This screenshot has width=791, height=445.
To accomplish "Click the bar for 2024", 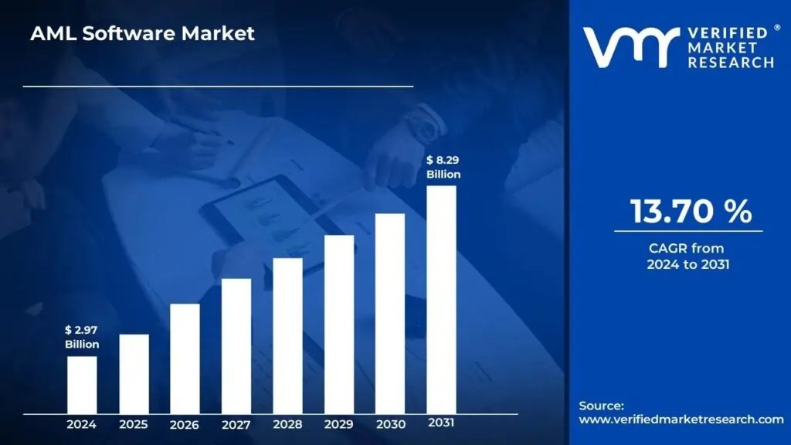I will click(x=82, y=385).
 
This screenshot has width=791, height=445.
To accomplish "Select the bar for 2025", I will click(x=134, y=374).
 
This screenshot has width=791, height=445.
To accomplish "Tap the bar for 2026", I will click(x=185, y=358).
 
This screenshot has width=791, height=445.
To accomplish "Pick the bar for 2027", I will click(x=236, y=346).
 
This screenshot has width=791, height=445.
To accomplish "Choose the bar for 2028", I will click(x=287, y=335).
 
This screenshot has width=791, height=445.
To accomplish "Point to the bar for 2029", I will click(x=339, y=324).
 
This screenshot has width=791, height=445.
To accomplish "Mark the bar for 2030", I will click(x=390, y=314).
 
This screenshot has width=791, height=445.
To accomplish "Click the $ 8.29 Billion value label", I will click(x=443, y=167).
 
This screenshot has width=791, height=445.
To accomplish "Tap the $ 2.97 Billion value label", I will click(x=81, y=337).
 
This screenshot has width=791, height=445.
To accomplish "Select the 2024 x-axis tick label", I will click(x=81, y=424).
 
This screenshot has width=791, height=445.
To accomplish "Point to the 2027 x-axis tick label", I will click(x=236, y=425).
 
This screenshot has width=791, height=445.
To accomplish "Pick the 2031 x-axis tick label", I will click(x=442, y=423).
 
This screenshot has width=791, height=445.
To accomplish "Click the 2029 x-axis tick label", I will click(x=339, y=424).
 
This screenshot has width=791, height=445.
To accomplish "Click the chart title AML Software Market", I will click(x=142, y=34).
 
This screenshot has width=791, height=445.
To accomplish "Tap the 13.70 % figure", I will click(x=690, y=212).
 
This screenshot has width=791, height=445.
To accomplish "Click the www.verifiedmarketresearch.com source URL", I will click(x=681, y=420).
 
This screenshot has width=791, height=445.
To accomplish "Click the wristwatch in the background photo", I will click(x=422, y=124).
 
